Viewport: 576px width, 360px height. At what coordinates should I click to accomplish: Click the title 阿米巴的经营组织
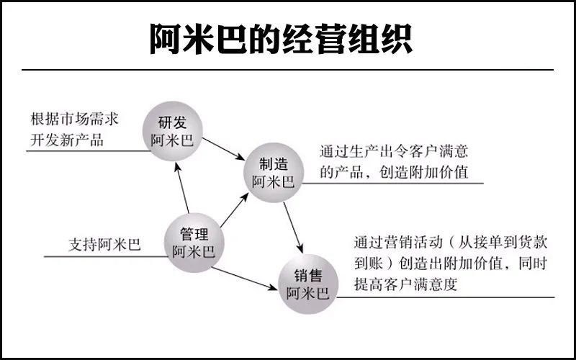[281, 39]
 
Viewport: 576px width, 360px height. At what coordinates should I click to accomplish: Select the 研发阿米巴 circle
[172, 131]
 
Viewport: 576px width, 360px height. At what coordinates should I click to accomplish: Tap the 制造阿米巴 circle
[274, 172]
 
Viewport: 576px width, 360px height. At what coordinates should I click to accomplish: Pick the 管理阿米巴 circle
[194, 243]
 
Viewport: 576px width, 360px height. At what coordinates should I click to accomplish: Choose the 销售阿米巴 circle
[308, 284]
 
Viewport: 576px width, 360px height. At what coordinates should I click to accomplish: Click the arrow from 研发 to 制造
[223, 149]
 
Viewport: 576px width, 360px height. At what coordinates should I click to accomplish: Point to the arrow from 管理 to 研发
[182, 188]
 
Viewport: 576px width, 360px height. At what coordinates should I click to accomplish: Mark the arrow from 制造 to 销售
[293, 228]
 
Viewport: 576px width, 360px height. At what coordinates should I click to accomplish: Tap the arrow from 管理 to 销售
[244, 279]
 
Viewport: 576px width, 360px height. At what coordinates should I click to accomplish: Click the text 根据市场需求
[75, 120]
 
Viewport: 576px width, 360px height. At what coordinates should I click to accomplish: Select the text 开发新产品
[67, 140]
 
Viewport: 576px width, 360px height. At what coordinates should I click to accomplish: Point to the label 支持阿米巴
[104, 245]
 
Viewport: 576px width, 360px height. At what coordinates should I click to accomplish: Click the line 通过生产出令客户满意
[394, 152]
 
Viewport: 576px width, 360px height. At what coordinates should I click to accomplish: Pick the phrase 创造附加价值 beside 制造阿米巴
[423, 172]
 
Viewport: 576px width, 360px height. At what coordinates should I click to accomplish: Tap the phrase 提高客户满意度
[406, 284]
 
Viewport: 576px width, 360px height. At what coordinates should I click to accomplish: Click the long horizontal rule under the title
[287, 69]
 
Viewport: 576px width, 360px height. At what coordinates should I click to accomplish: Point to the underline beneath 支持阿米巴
[106, 256]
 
